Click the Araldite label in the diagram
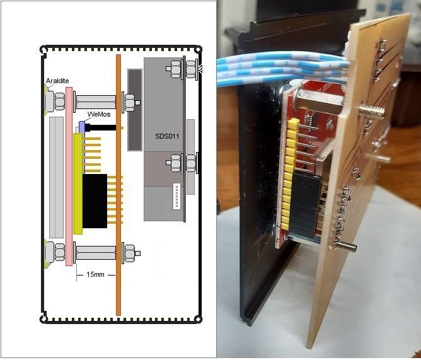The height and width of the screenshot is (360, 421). pos(56,81)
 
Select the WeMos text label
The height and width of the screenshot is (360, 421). pos(99,115)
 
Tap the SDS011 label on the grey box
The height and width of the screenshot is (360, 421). pos(167,136)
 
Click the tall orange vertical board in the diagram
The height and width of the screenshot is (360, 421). pos(118,189)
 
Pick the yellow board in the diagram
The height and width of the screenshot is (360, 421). pos(78,183)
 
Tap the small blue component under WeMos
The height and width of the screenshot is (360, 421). pos(82,126)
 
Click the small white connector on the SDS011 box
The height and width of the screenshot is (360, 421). pos(176,196)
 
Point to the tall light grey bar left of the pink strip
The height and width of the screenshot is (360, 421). pos(55,177)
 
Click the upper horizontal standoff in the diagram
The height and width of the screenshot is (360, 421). pos(96,101)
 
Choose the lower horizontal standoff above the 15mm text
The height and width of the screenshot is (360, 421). pos(96,253)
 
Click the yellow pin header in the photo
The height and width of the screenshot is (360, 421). pos(290,170)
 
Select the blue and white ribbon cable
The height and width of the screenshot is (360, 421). pos(277,66)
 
